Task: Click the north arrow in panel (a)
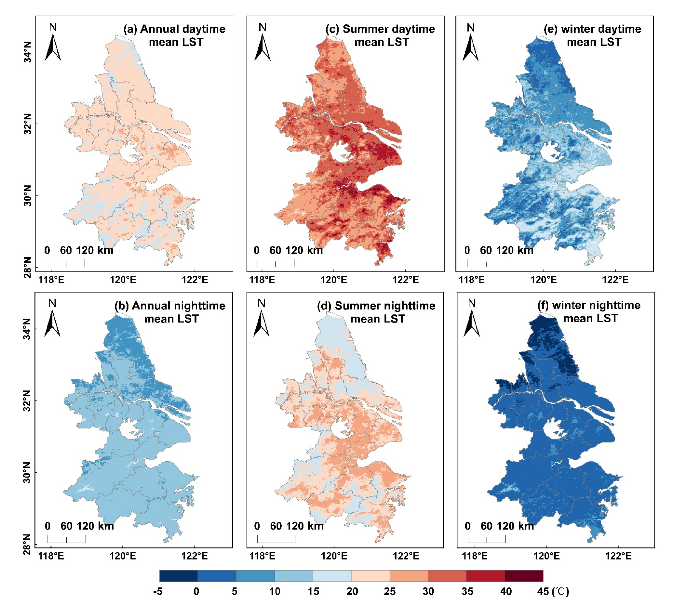53,47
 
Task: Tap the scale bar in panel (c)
275,264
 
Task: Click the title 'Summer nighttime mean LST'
377,312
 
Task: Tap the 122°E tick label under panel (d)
405,556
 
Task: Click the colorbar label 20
352,592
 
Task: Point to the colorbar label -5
158,592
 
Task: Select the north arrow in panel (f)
471,323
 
